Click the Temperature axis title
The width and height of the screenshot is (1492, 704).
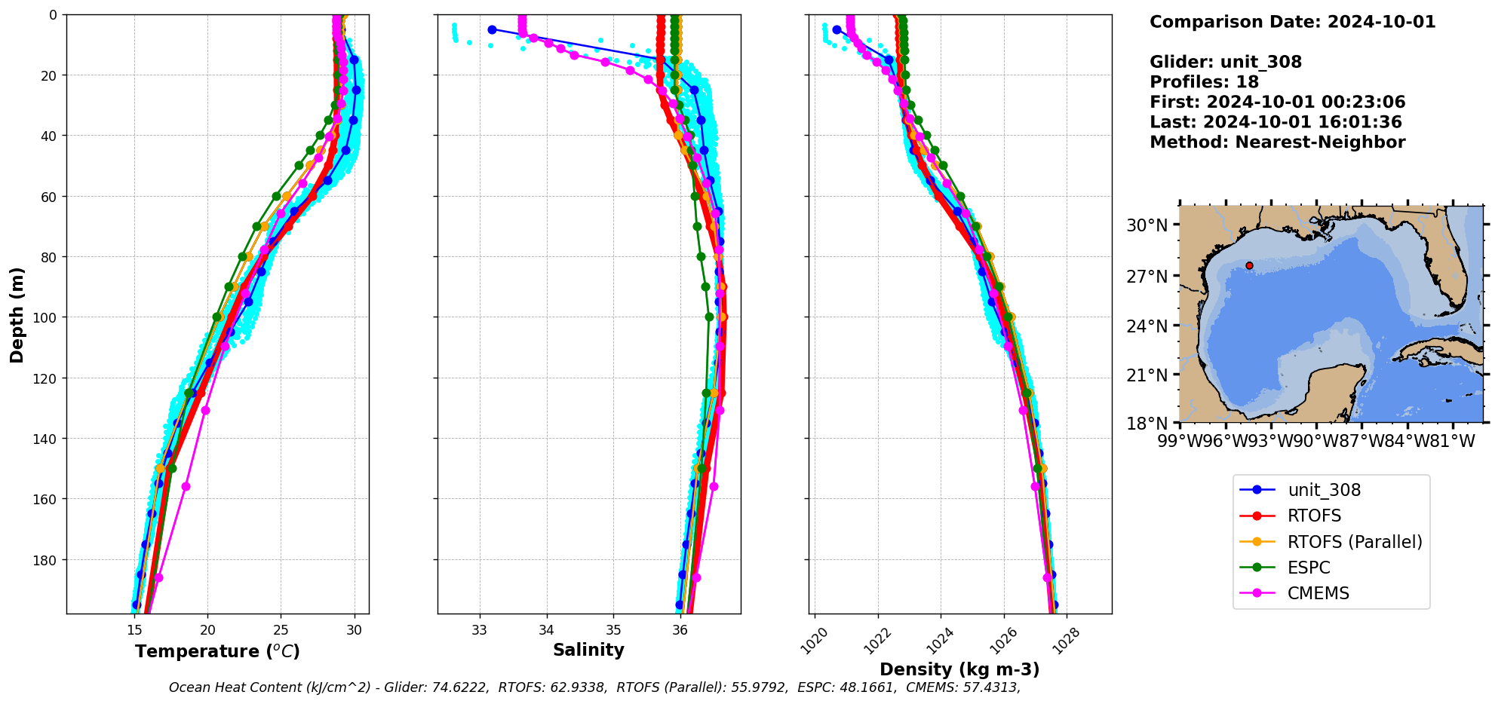tap(217, 651)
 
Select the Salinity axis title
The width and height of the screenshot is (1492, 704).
tap(588, 650)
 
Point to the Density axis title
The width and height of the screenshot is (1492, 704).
tap(959, 669)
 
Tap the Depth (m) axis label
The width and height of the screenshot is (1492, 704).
tap(17, 314)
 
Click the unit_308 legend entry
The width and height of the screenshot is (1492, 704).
tap(1324, 490)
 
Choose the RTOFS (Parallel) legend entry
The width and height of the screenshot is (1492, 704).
tap(1354, 542)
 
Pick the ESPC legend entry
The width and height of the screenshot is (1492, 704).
tap(1309, 568)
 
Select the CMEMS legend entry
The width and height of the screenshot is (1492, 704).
tap(1318, 593)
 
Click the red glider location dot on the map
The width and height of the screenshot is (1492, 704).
tap(1249, 265)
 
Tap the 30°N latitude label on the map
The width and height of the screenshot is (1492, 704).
tap(1147, 225)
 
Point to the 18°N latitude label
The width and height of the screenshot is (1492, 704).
tap(1147, 424)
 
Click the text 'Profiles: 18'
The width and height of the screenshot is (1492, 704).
tap(1204, 82)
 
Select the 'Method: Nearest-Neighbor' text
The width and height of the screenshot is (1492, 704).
tap(1277, 142)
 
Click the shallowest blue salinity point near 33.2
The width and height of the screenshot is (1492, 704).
tap(492, 29)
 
